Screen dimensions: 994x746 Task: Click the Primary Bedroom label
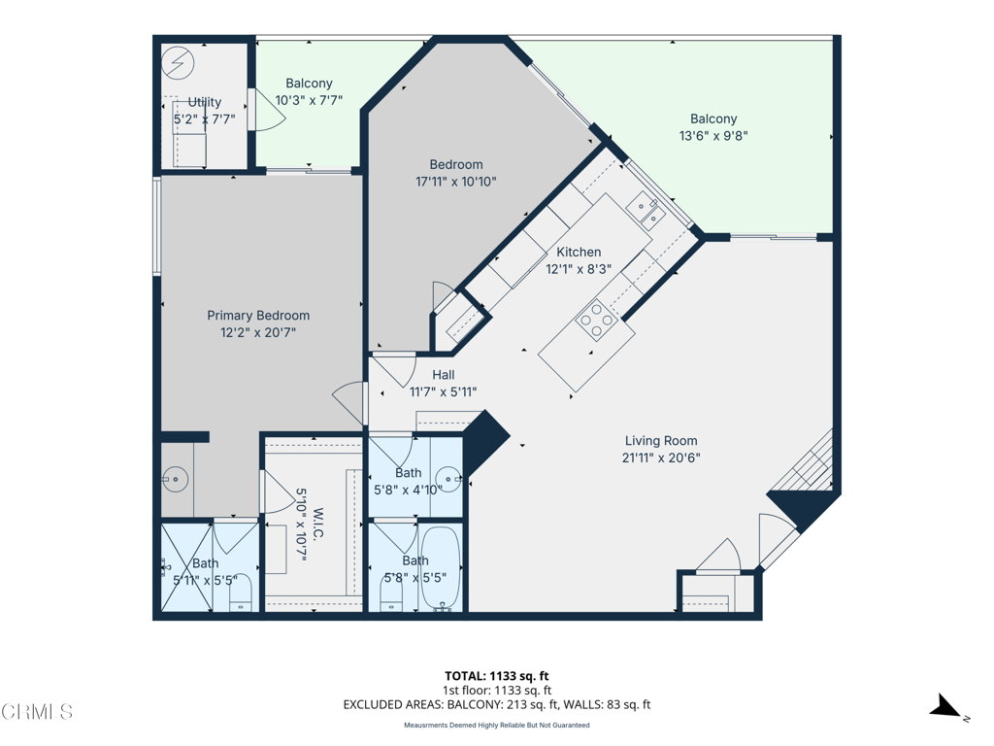258,316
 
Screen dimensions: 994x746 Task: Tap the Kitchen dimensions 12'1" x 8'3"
579,269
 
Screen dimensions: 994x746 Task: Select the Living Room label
661,440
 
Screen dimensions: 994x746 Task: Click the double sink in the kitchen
646,210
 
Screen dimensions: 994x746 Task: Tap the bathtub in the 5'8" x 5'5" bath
441,567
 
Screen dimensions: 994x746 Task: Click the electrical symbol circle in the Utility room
178,63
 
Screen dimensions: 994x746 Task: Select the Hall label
443,375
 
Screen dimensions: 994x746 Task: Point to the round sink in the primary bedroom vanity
176,479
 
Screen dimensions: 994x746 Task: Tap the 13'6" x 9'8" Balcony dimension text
713,135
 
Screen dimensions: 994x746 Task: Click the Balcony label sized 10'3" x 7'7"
309,84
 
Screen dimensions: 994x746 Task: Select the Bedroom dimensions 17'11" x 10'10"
456,182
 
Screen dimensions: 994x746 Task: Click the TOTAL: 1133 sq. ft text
496,676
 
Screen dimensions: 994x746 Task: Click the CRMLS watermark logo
37,712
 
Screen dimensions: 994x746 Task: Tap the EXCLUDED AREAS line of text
496,704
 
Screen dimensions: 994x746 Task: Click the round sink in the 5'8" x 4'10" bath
448,478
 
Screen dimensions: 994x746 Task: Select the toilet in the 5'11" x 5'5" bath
241,595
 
